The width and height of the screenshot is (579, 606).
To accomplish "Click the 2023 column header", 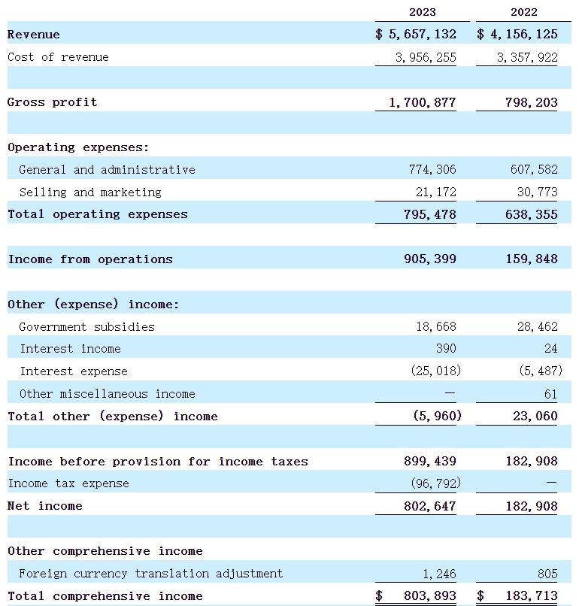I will coord(422,12).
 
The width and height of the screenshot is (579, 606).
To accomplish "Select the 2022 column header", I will coord(524,12).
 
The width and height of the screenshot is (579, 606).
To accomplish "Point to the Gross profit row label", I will coord(52,102).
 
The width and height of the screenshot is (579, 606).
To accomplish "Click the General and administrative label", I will coord(107,170).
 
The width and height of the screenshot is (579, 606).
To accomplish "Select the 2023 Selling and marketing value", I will coord(435,192).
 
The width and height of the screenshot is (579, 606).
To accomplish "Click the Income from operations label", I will coord(90,259).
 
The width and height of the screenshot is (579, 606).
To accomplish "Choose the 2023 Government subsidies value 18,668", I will coord(435,327).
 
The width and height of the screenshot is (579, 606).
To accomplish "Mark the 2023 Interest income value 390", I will coord(446,349).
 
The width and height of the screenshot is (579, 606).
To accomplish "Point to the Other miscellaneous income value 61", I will coord(550,394).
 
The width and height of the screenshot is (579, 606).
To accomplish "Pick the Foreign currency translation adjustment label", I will coord(150,574).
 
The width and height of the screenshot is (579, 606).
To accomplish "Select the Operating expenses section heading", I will coord(78,147).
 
